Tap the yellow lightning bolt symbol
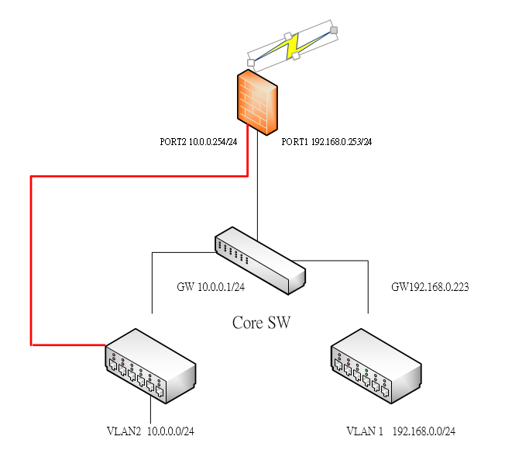(293, 47)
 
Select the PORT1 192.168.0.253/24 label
(326, 142)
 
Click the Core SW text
(262, 322)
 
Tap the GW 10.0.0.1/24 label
(211, 287)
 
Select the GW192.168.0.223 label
(430, 286)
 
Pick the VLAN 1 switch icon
(376, 366)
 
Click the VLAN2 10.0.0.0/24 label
(150, 431)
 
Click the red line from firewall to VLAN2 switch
(31, 256)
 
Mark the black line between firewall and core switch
(256, 186)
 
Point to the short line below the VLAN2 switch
(150, 411)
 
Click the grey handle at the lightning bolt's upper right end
(334, 30)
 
